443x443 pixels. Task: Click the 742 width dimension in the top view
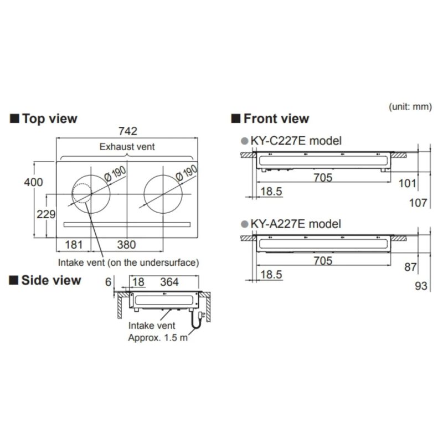[127, 132]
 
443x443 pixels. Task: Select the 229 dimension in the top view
[46, 214]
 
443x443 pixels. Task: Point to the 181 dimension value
[74, 244]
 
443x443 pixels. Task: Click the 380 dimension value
[127, 244]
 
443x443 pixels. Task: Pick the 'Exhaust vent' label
[127, 147]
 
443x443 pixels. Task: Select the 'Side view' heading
[45, 280]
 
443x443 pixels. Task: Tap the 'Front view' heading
[270, 119]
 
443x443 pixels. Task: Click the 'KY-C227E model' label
[296, 141]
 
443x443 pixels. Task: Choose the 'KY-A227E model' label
[296, 224]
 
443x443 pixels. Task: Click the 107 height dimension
[418, 203]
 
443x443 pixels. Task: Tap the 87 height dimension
[410, 267]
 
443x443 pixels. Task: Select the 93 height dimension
[421, 286]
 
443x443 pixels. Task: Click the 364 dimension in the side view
[169, 282]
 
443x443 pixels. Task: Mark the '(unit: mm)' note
[410, 106]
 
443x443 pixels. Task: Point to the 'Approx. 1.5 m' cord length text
[158, 337]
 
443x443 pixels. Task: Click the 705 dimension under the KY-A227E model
[322, 260]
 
